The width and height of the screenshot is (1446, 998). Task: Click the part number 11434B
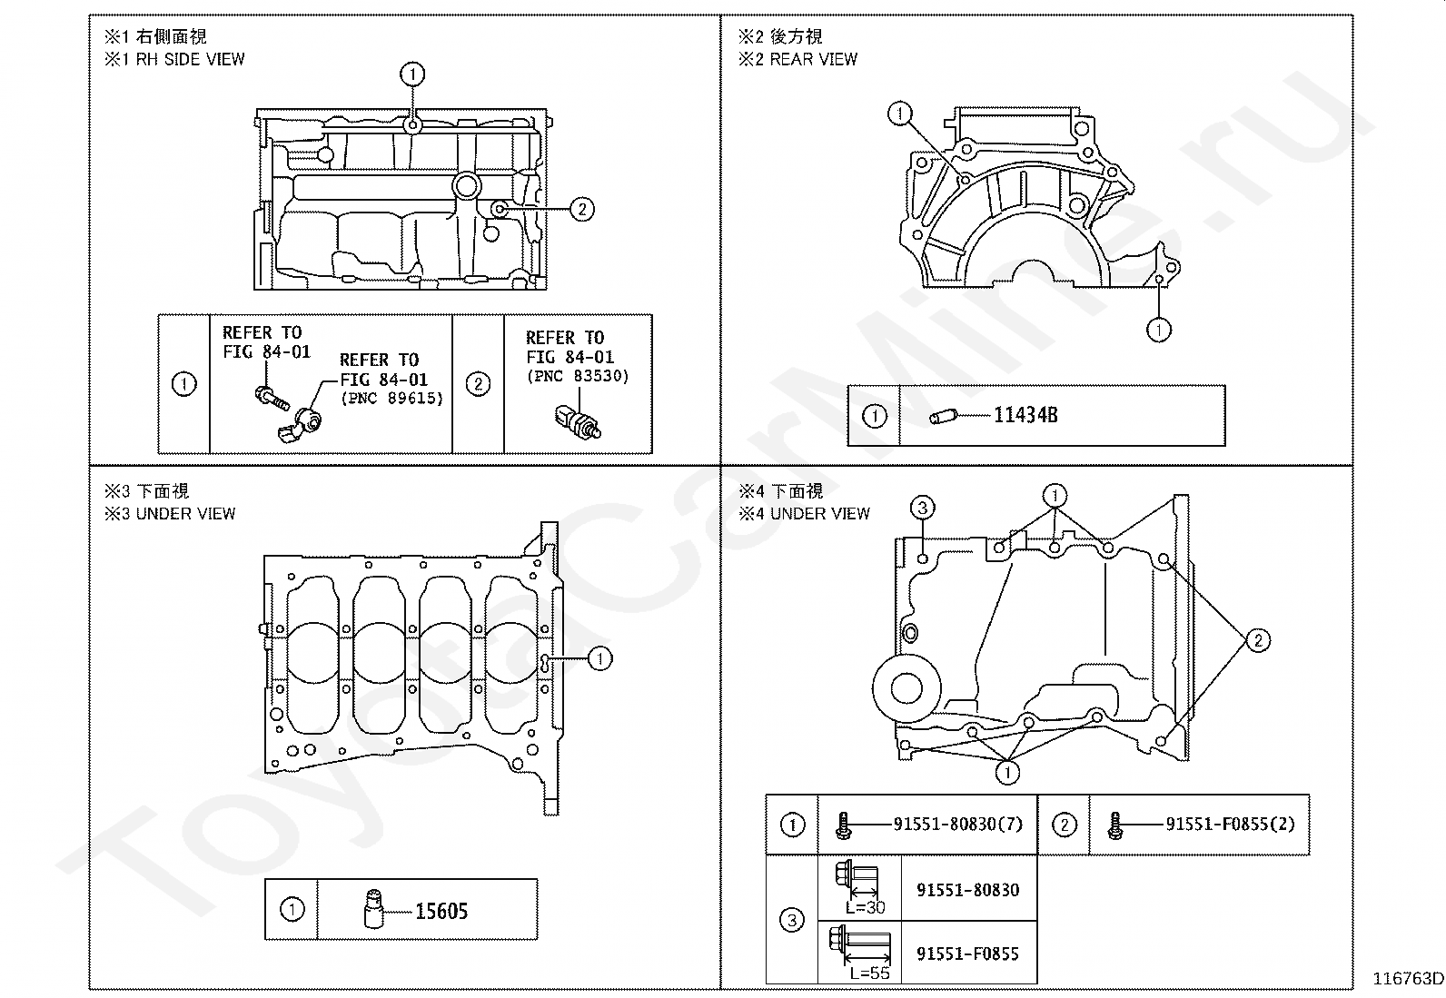[1025, 415]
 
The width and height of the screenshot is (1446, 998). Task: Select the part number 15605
[441, 911]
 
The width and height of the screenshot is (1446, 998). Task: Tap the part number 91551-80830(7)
[958, 824]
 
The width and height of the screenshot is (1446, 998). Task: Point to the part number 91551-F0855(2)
[1231, 824]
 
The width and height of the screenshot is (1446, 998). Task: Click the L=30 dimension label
[865, 907]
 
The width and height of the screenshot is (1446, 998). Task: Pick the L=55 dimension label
[869, 973]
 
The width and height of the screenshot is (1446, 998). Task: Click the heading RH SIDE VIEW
[191, 59]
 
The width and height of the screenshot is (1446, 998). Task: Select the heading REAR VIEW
[814, 59]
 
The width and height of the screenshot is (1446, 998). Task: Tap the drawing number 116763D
[1408, 979]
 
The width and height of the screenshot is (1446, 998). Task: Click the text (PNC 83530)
[578, 376]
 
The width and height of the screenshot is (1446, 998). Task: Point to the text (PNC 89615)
[392, 398]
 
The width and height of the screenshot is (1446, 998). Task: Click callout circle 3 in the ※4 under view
[923, 508]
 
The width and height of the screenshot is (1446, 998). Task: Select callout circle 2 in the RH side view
[582, 209]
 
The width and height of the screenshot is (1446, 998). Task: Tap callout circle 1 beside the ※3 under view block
[600, 658]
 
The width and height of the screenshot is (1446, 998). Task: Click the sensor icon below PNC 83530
[579, 420]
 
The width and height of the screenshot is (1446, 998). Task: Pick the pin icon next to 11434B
[944, 417]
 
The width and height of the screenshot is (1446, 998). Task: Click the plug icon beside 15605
[374, 909]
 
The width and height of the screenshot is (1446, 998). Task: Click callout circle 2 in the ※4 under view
[1258, 640]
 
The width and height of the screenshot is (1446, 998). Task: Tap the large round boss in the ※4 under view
[906, 688]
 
